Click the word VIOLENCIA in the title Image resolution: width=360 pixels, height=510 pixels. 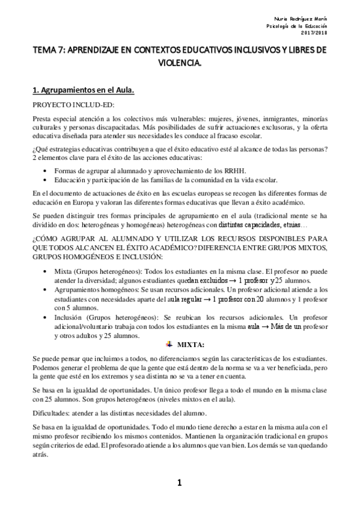point(180,62)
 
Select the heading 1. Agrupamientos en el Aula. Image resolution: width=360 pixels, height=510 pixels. point(82,90)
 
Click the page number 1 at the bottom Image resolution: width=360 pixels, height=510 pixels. point(179,482)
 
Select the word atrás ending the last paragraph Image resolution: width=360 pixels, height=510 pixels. point(40,456)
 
